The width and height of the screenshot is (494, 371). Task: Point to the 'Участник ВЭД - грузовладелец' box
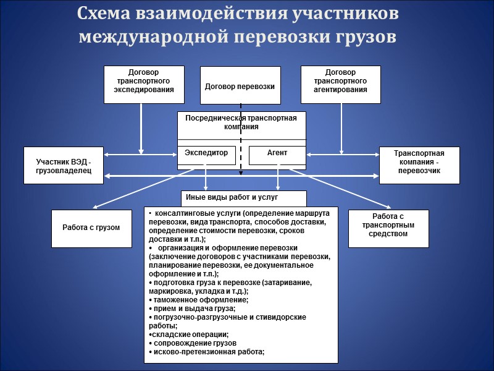click(x=64, y=165)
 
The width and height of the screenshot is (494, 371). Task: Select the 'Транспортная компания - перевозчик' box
click(x=419, y=165)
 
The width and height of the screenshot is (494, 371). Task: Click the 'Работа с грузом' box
click(x=91, y=228)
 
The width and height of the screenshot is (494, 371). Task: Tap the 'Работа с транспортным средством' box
click(x=388, y=228)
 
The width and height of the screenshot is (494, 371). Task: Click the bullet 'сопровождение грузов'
click(x=193, y=343)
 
